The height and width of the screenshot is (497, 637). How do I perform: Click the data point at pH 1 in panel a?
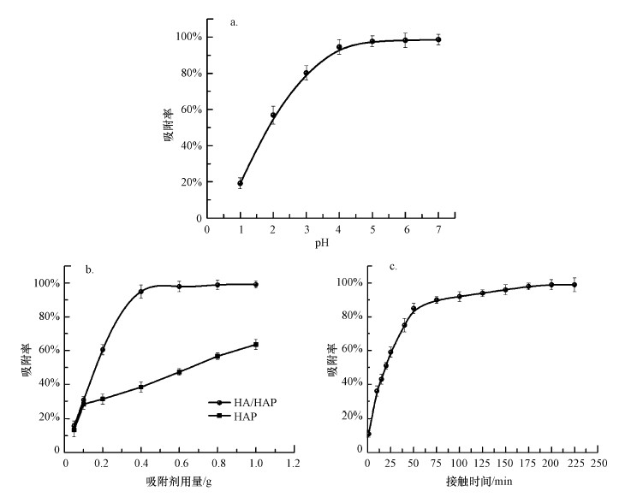[241, 183]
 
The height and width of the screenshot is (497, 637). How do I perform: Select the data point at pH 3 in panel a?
[306, 73]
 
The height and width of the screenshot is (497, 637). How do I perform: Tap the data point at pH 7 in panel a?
[438, 39]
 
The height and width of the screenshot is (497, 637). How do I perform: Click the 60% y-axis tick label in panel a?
[188, 109]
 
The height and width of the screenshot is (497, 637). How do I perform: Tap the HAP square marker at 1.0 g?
[255, 345]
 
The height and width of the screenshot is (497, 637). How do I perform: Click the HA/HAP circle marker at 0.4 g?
[141, 292]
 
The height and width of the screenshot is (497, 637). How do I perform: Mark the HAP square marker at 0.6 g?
[179, 371]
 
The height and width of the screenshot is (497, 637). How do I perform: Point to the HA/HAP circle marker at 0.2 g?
[103, 350]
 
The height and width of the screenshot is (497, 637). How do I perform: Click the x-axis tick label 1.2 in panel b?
[293, 464]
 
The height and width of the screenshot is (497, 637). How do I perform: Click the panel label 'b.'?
[89, 269]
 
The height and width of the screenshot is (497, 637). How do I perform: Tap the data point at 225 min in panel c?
[574, 285]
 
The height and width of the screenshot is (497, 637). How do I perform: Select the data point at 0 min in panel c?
[368, 434]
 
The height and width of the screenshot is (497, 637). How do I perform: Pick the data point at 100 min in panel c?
[460, 297]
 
